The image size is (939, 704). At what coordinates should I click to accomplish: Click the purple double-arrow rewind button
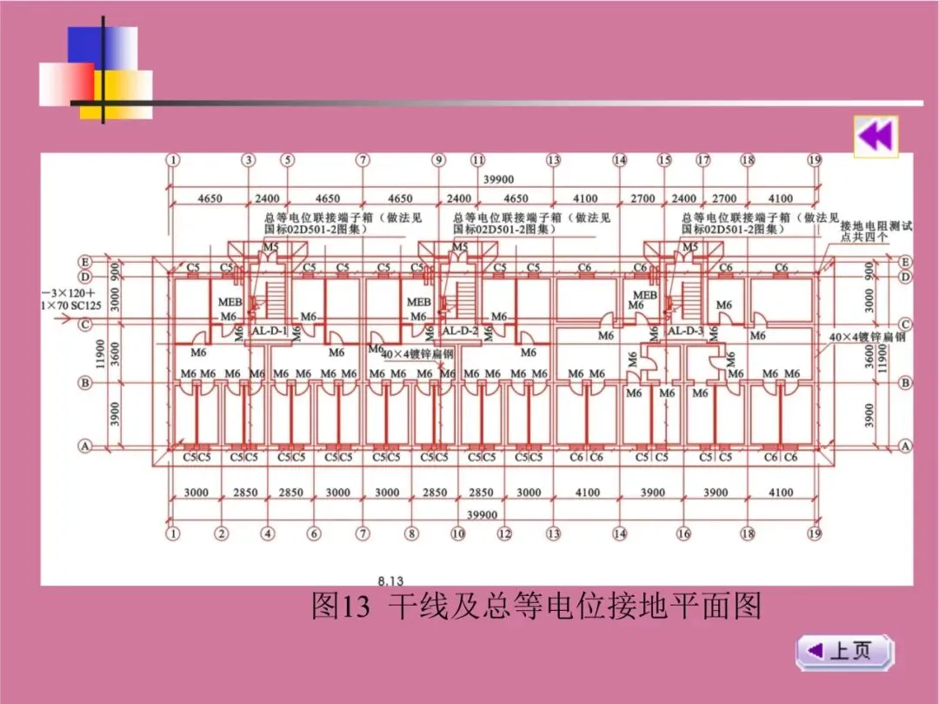point(876,137)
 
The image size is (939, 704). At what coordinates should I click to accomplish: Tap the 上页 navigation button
point(844,651)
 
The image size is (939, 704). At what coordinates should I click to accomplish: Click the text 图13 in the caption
point(341,606)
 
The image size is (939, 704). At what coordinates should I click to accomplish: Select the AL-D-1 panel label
point(269,332)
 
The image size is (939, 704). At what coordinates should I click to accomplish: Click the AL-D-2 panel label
point(460,332)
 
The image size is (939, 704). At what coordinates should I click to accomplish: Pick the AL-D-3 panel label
point(685,332)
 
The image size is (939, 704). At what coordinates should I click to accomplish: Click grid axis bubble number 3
point(249,160)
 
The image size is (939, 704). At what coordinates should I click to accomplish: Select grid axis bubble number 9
point(438,160)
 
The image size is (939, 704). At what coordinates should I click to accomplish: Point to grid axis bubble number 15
point(664,160)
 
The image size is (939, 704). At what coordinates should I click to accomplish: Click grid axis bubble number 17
point(703,160)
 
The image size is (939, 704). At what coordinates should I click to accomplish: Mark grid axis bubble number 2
point(222,533)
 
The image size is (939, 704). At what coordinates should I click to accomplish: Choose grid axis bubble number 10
point(458,533)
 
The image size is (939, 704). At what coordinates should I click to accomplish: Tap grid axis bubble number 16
point(683,533)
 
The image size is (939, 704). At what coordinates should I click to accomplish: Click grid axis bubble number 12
point(504,533)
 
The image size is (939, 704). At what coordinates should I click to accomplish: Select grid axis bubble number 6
point(314,533)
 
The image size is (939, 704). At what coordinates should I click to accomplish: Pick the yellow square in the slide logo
point(122,91)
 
